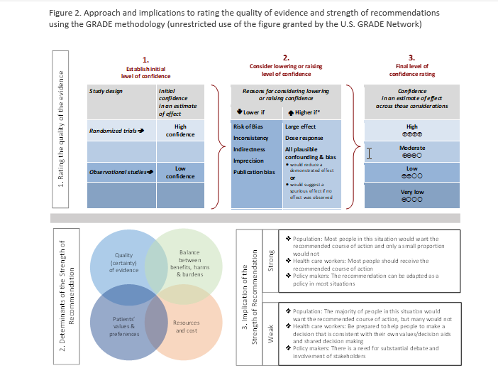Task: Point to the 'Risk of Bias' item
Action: pyautogui.click(x=249, y=126)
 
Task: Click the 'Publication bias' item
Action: pyautogui.click(x=253, y=172)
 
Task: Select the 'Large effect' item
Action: pyautogui.click(x=300, y=126)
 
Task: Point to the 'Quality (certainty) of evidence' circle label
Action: pyautogui.click(x=124, y=261)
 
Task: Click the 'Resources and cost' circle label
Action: pyautogui.click(x=187, y=326)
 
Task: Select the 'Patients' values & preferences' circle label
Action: pyautogui.click(x=124, y=326)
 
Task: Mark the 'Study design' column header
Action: pyautogui.click(x=106, y=91)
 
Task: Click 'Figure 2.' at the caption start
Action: pyautogui.click(x=66, y=13)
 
